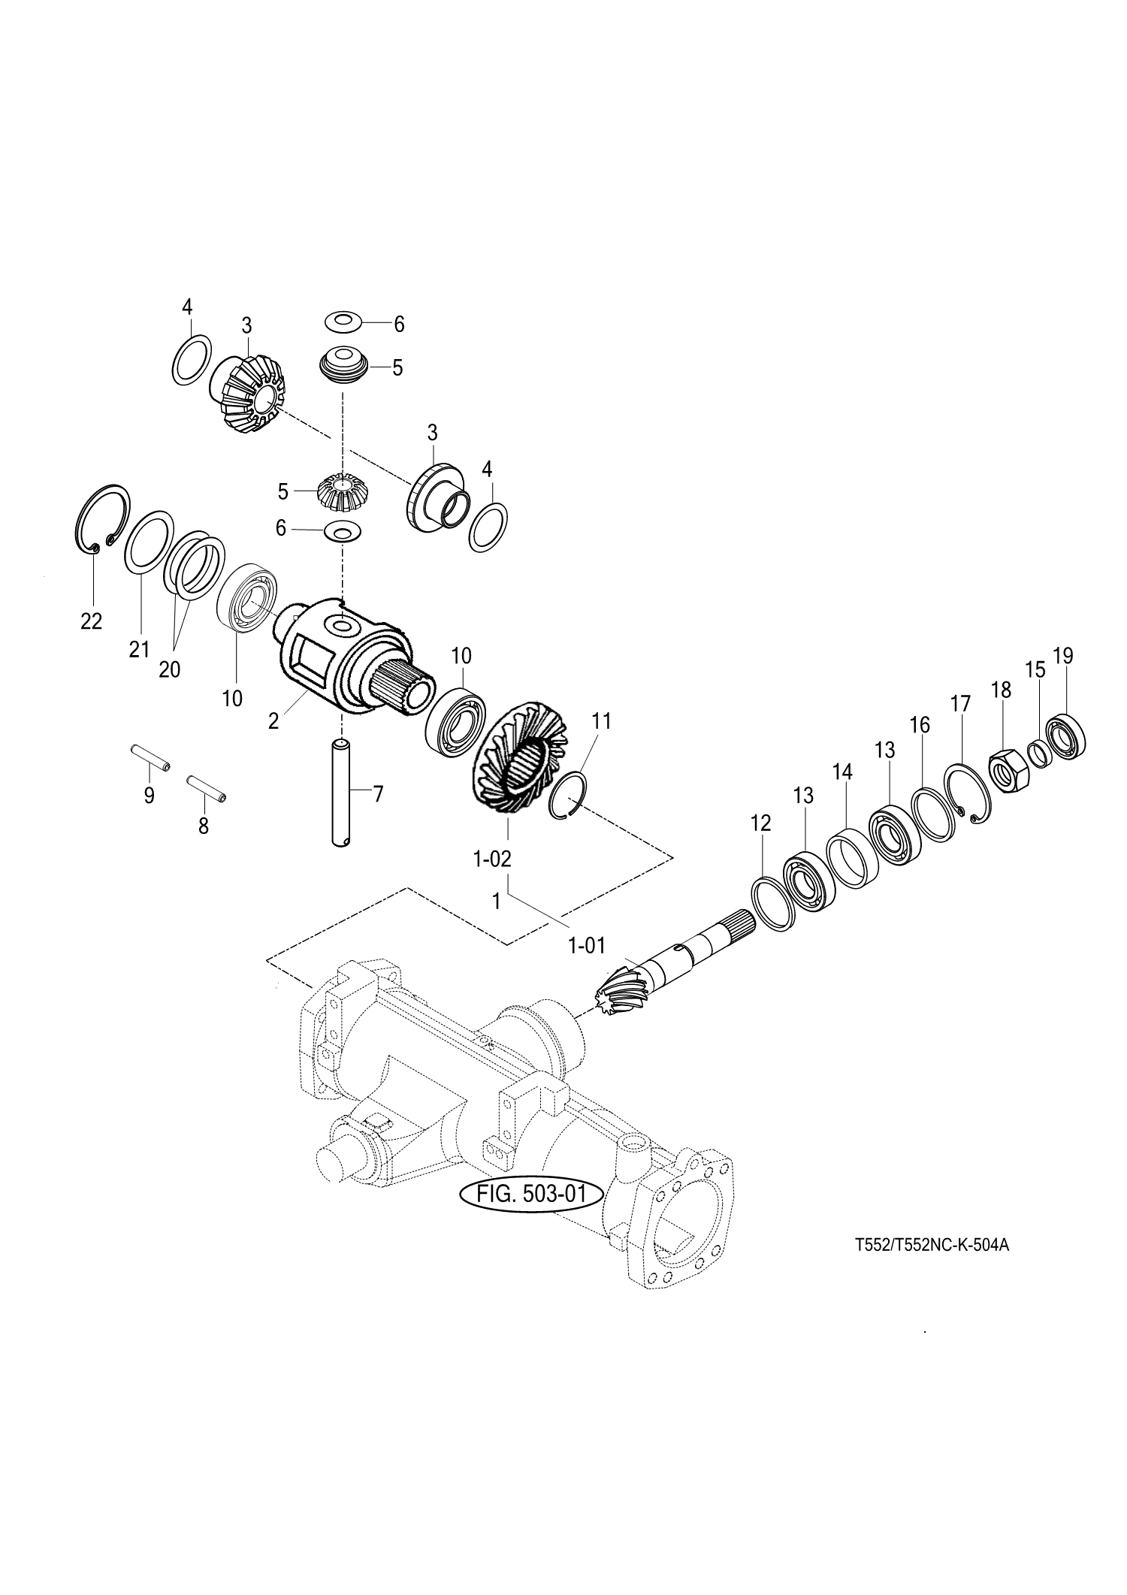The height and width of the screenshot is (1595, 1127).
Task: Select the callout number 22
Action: tap(91, 622)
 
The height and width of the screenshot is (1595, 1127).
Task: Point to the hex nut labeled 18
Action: tap(1005, 770)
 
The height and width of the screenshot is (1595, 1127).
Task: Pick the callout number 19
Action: tap(1062, 656)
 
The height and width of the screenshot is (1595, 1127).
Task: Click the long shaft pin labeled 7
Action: tap(343, 793)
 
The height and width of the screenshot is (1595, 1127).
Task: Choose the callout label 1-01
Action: tap(587, 945)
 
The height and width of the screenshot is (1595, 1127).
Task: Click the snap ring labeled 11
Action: tap(571, 795)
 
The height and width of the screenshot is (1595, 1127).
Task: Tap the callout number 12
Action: tap(760, 823)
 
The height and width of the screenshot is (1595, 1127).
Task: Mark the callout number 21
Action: tap(139, 648)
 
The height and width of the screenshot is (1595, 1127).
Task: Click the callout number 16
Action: tap(920, 725)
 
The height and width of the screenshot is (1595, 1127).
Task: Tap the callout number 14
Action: tap(842, 772)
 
